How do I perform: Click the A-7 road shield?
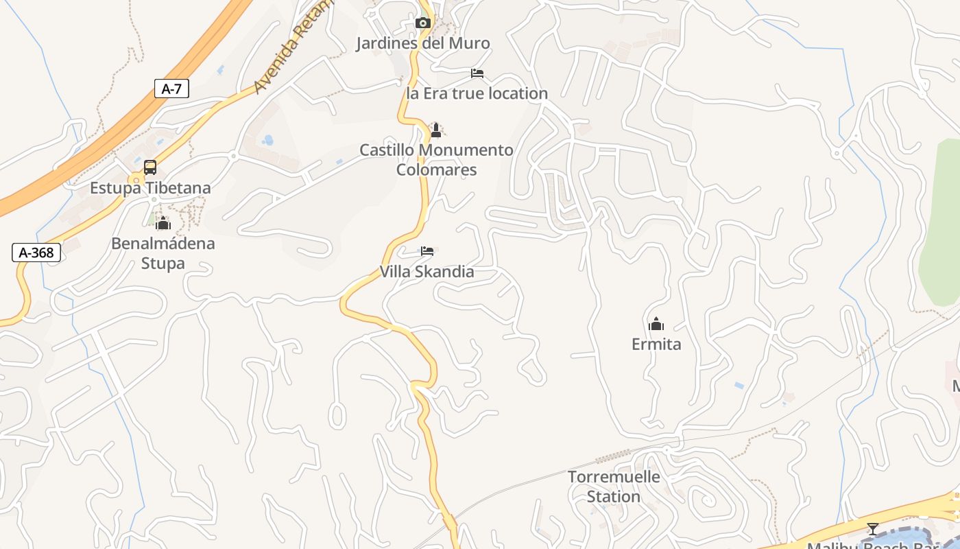171,89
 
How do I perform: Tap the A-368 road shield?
36,253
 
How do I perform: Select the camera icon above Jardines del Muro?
422,23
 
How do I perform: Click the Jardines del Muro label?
422,43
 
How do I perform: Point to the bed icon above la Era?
477,73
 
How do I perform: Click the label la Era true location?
477,93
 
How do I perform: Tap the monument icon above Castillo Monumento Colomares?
435,130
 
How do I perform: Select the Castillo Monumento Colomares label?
436,159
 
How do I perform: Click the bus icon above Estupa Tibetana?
150,167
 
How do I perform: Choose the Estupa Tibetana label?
150,187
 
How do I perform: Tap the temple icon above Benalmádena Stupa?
163,223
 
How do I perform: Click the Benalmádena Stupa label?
163,253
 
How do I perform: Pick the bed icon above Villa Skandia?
427,251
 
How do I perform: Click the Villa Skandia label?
427,272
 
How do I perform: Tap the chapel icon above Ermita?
656,324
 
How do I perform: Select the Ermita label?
656,344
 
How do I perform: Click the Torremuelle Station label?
614,486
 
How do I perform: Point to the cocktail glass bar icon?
872,529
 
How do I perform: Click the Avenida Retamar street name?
291,48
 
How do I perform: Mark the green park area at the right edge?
941,226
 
